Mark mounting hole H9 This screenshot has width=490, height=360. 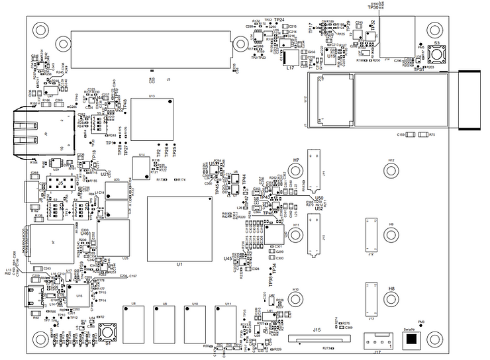point(391,235)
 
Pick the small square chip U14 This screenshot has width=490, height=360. point(142,168)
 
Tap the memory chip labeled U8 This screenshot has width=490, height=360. point(133,324)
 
